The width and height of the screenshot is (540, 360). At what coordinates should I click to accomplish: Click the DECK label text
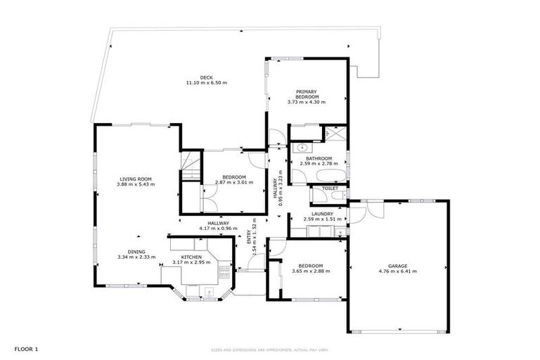pos(206,77)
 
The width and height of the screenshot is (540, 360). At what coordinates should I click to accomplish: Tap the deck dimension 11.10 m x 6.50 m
pos(206,83)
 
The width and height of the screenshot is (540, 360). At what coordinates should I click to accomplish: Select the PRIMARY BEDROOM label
pos(307,94)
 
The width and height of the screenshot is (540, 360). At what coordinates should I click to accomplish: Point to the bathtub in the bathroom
pos(327,176)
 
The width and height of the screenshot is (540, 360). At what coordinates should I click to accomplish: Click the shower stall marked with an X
pos(335,132)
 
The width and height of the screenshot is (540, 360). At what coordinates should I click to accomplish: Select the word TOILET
pos(330,188)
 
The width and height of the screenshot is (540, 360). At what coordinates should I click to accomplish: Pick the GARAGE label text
pos(397,264)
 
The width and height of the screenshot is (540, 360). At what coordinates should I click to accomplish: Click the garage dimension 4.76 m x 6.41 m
pos(397,270)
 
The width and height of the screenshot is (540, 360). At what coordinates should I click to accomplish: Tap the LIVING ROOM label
pos(136,179)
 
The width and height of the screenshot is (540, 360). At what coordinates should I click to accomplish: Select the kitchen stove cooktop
pos(225,271)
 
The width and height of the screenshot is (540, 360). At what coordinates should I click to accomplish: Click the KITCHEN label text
pos(192,257)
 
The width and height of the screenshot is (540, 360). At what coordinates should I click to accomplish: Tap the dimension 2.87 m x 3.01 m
pos(234,182)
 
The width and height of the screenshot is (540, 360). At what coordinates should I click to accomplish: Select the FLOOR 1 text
pos(26,349)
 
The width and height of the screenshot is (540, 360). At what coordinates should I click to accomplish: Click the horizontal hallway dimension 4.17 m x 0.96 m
pos(214,229)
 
